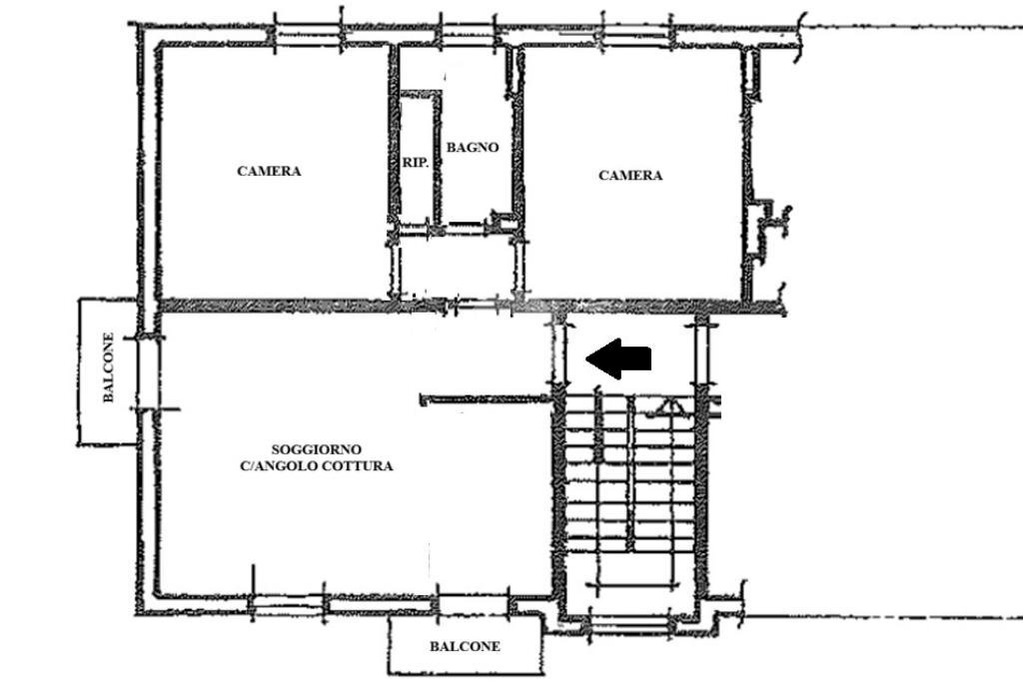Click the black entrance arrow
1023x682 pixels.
(x=617, y=358)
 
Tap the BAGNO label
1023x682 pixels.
(x=473, y=148)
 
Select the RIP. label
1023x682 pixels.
(x=416, y=163)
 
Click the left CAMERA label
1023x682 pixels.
(x=269, y=171)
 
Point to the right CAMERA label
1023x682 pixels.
(x=630, y=176)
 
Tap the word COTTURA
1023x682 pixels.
(x=361, y=466)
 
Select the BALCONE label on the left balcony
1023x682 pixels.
(x=108, y=367)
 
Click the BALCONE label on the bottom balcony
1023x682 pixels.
(x=466, y=647)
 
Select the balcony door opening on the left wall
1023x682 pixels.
(x=148, y=373)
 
